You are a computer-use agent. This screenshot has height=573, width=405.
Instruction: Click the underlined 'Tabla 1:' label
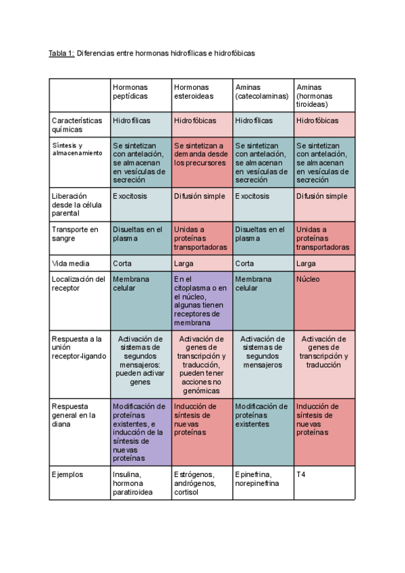click(61, 53)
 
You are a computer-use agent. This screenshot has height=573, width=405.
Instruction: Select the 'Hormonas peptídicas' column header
click(130, 91)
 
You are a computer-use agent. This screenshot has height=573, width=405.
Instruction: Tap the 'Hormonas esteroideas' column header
click(193, 91)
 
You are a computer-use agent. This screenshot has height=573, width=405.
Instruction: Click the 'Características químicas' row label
click(77, 124)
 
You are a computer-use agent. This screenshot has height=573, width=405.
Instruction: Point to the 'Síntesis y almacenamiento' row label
click(77, 149)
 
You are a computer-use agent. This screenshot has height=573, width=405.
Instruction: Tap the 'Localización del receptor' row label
click(78, 283)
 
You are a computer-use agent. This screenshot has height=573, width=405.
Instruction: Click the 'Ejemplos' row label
click(67, 474)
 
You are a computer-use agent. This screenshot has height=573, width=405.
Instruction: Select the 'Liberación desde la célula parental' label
click(77, 205)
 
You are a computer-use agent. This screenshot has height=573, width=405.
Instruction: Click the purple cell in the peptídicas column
click(140, 432)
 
